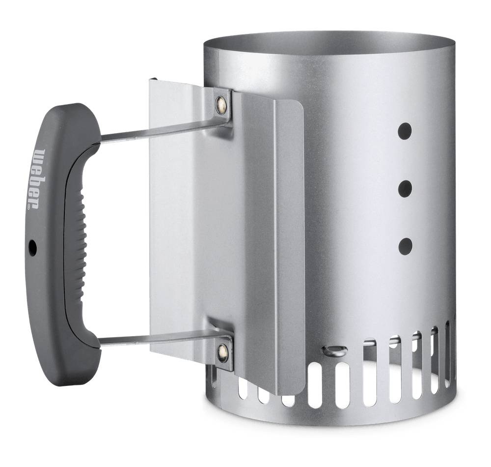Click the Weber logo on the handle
pyautogui.click(x=40, y=177)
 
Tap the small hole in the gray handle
pyautogui.click(x=32, y=247)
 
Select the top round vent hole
pyautogui.click(x=405, y=131)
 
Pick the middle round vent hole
pyautogui.click(x=405, y=189)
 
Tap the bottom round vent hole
pyautogui.click(x=405, y=246)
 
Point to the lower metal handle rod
pyautogui.click(x=157, y=338)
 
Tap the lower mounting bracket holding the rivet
pyautogui.click(x=221, y=347)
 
